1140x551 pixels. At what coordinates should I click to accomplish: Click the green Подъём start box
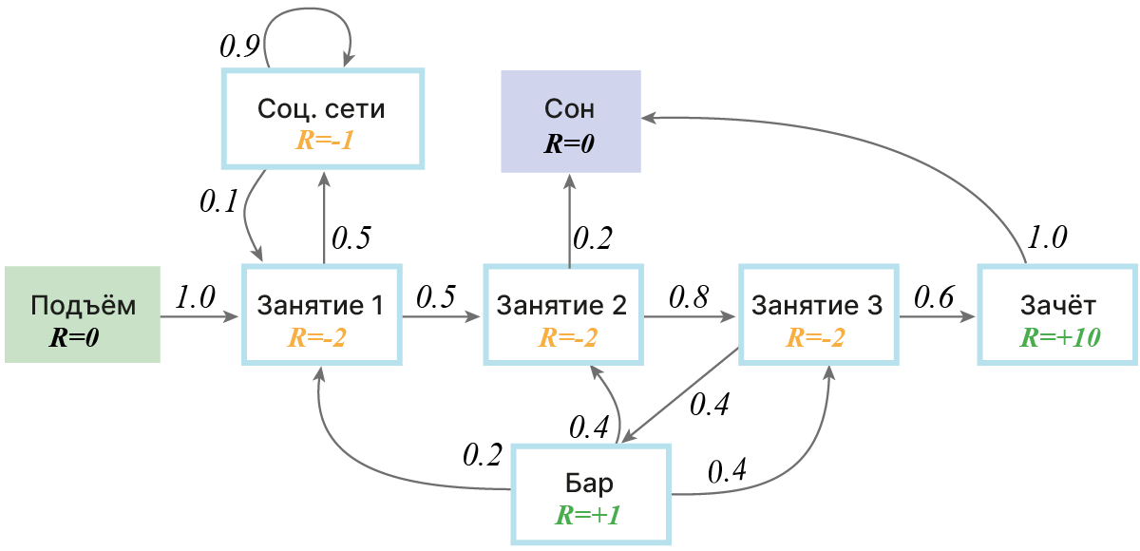82,314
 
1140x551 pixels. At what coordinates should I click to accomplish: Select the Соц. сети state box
321,120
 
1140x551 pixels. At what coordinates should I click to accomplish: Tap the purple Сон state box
570,121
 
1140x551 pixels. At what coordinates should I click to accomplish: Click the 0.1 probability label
219,201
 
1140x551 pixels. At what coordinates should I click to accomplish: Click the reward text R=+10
1058,337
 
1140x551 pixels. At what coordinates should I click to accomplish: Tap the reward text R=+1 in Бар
589,516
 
